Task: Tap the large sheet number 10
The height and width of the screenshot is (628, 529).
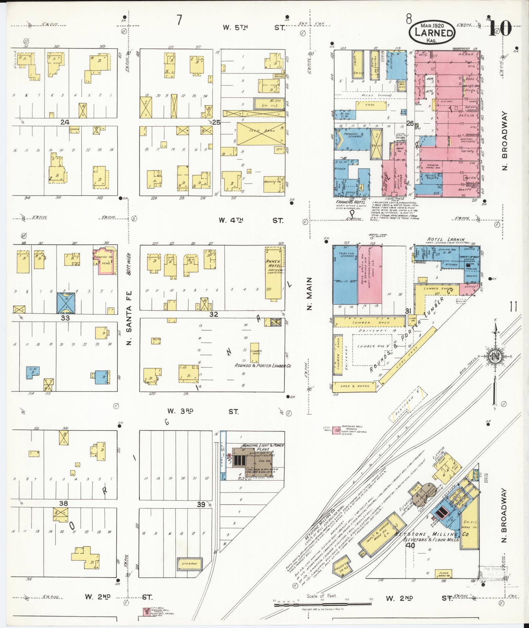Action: point(500,28)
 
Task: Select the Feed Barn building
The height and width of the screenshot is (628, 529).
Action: point(261,134)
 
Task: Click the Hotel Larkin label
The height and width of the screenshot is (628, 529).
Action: point(445,239)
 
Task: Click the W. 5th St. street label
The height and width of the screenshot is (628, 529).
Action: point(253,28)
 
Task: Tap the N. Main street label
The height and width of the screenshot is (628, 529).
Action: point(310,293)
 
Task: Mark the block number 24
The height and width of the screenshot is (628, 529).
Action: point(65,122)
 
